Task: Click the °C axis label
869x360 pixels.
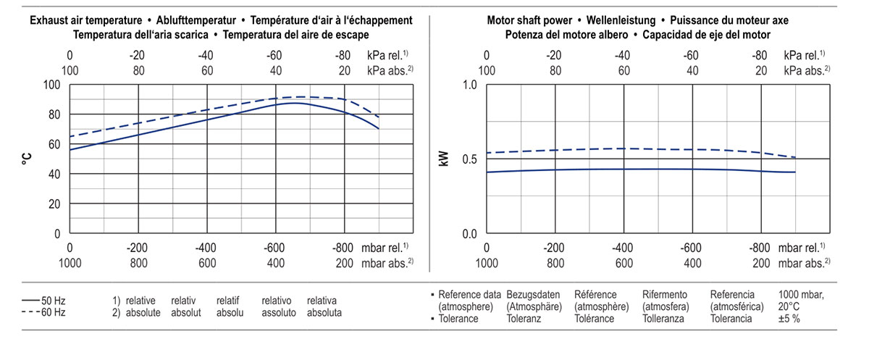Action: click(x=27, y=159)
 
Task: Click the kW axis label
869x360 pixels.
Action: click(x=444, y=159)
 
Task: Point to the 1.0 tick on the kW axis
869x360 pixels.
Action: click(x=469, y=85)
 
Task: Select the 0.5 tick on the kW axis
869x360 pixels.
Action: click(x=469, y=159)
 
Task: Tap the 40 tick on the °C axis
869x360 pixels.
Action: click(x=53, y=175)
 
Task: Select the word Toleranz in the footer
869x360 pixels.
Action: click(x=524, y=319)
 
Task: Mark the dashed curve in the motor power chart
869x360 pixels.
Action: click(x=623, y=148)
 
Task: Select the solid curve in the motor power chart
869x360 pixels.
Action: click(x=623, y=169)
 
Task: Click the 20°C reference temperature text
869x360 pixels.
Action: click(x=789, y=306)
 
